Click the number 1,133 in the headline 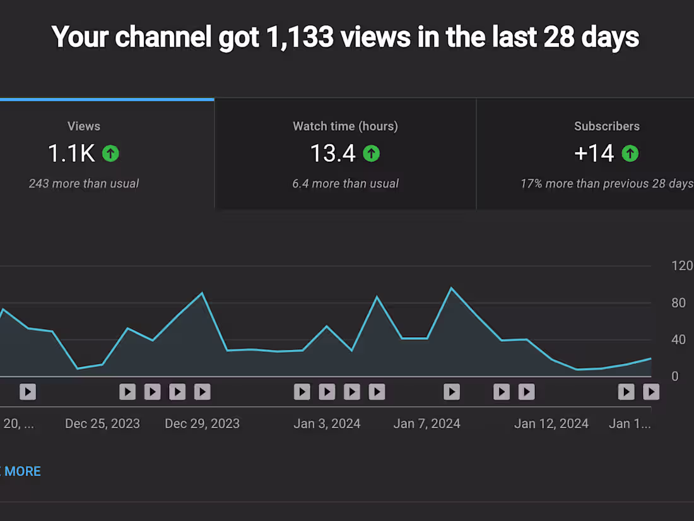[x=300, y=37]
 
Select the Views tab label [x=84, y=126]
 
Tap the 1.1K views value [x=71, y=153]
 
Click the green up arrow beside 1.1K [x=110, y=153]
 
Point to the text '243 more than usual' [x=84, y=183]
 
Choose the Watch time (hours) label [x=345, y=126]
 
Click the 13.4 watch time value [x=333, y=153]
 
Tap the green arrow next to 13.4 [x=372, y=153]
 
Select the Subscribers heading [x=607, y=126]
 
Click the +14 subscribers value [x=594, y=153]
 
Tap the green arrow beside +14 [x=630, y=153]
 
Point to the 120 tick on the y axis [x=682, y=266]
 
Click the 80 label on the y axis [x=678, y=303]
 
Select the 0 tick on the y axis [x=675, y=376]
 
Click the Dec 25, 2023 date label [x=102, y=424]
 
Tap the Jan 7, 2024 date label [x=426, y=424]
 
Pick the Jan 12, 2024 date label [x=551, y=424]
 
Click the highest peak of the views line [x=452, y=288]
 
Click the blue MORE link [x=23, y=471]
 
